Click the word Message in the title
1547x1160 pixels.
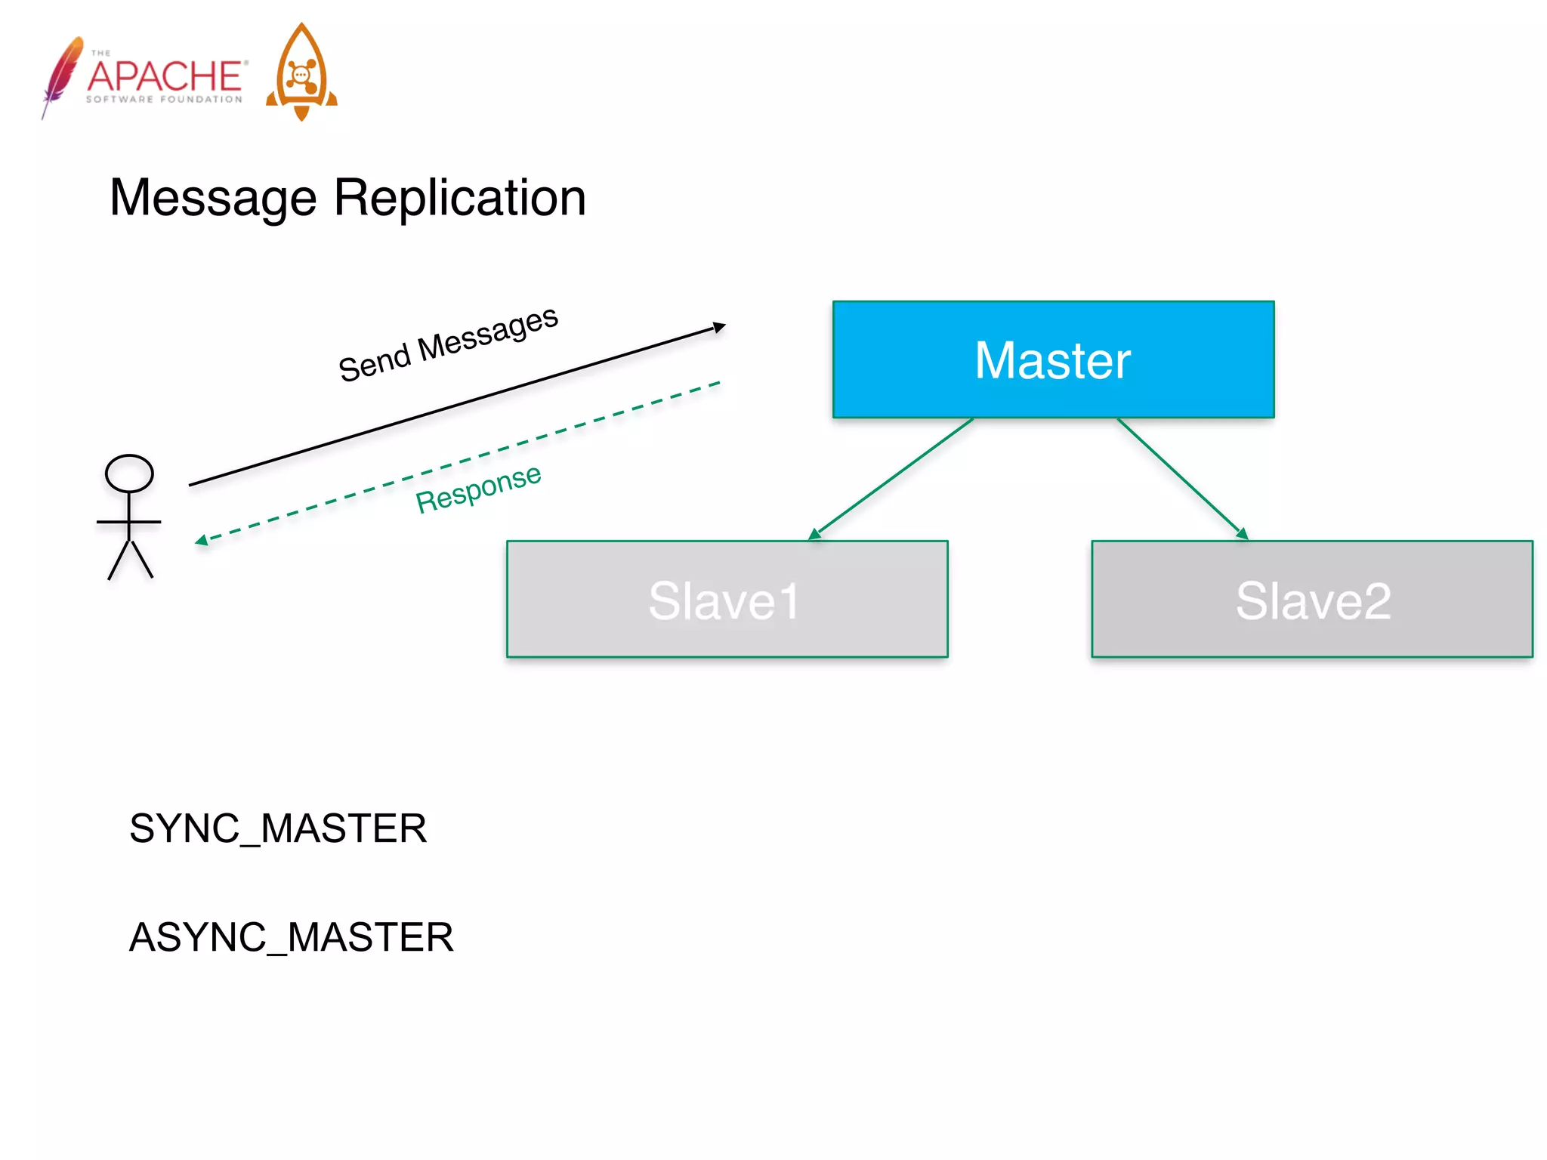pos(213,198)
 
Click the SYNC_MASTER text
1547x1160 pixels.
pos(278,828)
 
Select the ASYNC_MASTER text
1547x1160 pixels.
pos(292,937)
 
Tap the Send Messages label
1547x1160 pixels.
pos(448,344)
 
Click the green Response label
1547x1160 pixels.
pos(478,489)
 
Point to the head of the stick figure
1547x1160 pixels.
pos(129,474)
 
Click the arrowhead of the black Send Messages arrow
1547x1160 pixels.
pos(719,327)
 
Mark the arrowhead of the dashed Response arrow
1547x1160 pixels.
pos(201,540)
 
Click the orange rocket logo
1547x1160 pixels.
pos(301,72)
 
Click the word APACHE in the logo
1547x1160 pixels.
pos(165,76)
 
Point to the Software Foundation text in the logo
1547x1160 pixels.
pos(164,99)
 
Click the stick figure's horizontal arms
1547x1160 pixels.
pos(129,522)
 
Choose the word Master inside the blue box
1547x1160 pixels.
pos(1052,360)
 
